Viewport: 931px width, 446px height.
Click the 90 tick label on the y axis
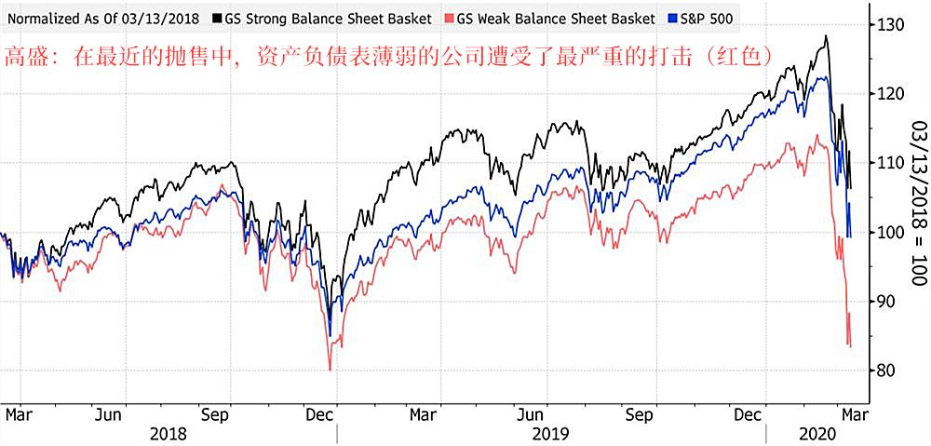(x=889, y=302)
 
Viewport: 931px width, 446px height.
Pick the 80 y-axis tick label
(x=889, y=371)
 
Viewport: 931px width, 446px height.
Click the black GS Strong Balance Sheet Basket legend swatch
(x=217, y=18)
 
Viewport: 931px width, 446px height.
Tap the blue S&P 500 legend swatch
(x=676, y=18)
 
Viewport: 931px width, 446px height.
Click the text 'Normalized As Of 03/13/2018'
(x=101, y=18)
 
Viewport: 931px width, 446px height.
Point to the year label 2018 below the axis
(x=168, y=433)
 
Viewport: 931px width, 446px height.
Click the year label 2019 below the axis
(x=550, y=433)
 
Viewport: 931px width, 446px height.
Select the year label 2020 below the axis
(x=821, y=433)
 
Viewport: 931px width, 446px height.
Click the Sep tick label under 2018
(x=217, y=412)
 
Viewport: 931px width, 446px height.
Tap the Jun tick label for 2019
(x=531, y=412)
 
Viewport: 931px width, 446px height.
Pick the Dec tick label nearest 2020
(x=749, y=412)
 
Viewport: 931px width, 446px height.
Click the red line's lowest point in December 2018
(x=331, y=370)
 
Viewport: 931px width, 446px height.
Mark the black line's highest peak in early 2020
(x=825, y=36)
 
